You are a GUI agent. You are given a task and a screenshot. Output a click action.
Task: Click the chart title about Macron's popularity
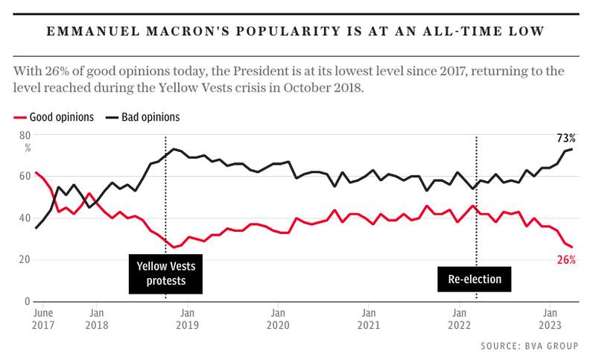pyautogui.click(x=298, y=31)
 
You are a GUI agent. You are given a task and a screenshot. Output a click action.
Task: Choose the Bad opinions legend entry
pyautogui.click(x=142, y=117)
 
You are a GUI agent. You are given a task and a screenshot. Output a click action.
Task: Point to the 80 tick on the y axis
pyautogui.click(x=25, y=135)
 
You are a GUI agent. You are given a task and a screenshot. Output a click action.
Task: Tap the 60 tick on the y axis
pyautogui.click(x=25, y=177)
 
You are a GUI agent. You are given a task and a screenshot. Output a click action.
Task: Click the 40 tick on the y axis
pyautogui.click(x=25, y=218)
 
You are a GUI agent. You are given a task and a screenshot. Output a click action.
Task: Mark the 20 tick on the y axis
pyautogui.click(x=25, y=260)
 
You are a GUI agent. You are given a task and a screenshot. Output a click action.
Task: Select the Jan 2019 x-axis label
pyautogui.click(x=187, y=318)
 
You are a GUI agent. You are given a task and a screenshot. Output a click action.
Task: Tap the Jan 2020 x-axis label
pyautogui.click(x=277, y=318)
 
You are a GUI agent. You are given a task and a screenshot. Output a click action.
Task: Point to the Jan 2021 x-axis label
pyautogui.click(x=367, y=318)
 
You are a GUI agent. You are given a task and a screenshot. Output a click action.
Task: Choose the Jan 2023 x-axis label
pyautogui.click(x=550, y=318)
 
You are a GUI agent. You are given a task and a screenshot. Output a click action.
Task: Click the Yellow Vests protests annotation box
pyautogui.click(x=166, y=273)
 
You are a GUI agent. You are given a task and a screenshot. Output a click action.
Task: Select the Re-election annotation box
pyautogui.click(x=475, y=280)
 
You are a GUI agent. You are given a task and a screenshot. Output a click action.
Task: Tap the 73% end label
pyautogui.click(x=566, y=138)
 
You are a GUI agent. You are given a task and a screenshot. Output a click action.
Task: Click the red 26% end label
pyautogui.click(x=566, y=260)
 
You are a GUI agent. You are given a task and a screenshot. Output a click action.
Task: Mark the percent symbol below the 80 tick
pyautogui.click(x=27, y=148)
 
